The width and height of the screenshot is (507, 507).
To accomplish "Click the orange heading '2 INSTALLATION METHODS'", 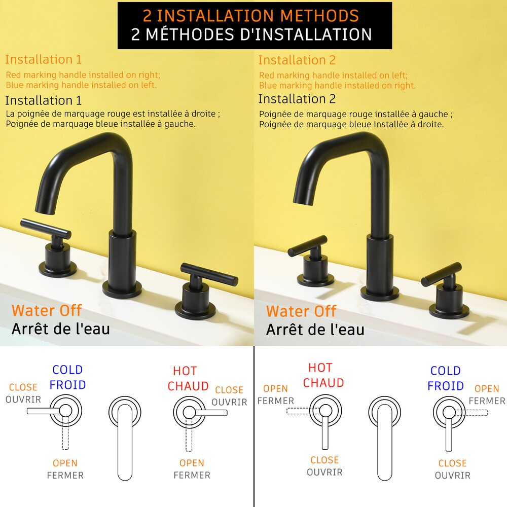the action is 251,15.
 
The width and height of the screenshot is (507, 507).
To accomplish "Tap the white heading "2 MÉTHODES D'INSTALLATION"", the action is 251,34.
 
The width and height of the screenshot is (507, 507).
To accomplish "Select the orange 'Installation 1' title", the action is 43,59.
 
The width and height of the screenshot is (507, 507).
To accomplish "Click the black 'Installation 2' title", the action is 297,99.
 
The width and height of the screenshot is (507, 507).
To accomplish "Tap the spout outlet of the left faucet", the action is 46,205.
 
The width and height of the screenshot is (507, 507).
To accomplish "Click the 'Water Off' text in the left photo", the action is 47,311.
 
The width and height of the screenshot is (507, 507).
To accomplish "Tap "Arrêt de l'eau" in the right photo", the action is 315,330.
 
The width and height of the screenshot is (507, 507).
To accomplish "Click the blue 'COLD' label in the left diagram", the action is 67,370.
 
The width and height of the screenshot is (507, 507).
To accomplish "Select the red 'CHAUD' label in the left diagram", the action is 188,386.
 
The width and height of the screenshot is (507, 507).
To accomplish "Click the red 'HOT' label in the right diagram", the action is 320,368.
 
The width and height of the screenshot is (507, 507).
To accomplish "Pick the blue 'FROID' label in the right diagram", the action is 446,386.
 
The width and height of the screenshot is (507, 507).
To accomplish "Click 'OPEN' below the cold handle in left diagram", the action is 65,463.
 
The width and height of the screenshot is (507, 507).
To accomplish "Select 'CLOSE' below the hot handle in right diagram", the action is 324,460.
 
